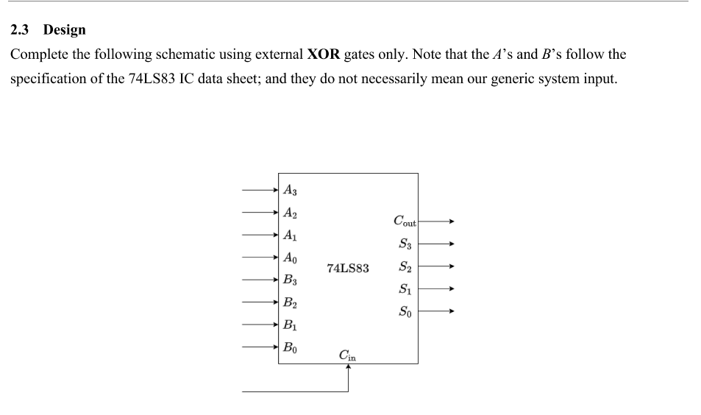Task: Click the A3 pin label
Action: [x=291, y=190]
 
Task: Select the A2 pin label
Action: [x=291, y=213]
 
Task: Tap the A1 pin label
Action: [x=291, y=235]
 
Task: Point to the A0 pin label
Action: [x=291, y=258]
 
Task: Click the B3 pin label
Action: [x=291, y=280]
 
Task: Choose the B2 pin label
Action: [x=291, y=302]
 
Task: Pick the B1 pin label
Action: [x=291, y=324]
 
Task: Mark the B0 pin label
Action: [x=291, y=347]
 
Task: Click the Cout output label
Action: [x=405, y=221]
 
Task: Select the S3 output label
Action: [x=405, y=244]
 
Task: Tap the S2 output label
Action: [x=405, y=266]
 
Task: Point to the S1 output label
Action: [x=405, y=289]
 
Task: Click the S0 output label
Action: [x=405, y=312]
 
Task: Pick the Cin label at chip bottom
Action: [x=347, y=355]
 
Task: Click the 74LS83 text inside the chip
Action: [x=347, y=269]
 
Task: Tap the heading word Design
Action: [x=64, y=30]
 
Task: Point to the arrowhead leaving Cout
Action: [x=452, y=221]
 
